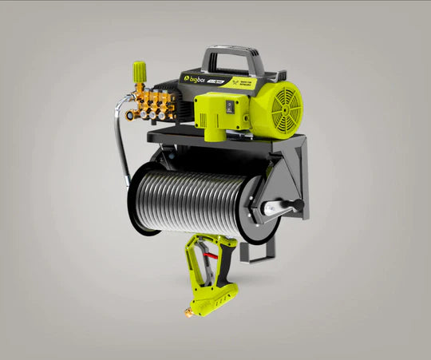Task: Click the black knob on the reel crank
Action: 296,206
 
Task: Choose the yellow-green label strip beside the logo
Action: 243,81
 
